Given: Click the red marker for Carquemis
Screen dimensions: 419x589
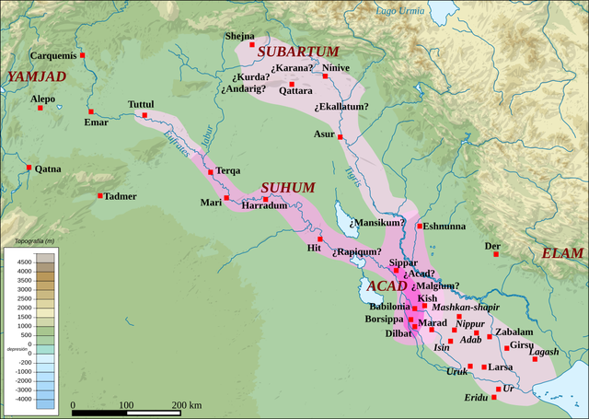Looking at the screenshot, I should click(x=83, y=56).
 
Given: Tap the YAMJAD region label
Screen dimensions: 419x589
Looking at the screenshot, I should click(x=37, y=77).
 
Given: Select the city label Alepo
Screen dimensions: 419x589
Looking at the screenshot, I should click(x=43, y=98).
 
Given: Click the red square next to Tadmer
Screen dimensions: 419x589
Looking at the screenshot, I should click(x=100, y=195).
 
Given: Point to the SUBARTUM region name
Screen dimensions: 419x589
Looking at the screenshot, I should click(x=298, y=52).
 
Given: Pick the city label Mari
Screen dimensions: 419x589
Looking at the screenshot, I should click(x=212, y=203).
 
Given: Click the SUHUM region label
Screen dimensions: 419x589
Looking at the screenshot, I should click(x=288, y=187).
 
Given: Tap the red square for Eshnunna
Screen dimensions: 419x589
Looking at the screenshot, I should click(x=420, y=226).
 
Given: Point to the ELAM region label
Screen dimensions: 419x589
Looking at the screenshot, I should click(x=561, y=253).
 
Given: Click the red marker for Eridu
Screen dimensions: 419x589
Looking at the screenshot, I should click(x=494, y=397).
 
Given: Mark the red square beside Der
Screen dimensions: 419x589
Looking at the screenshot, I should click(x=494, y=257).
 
